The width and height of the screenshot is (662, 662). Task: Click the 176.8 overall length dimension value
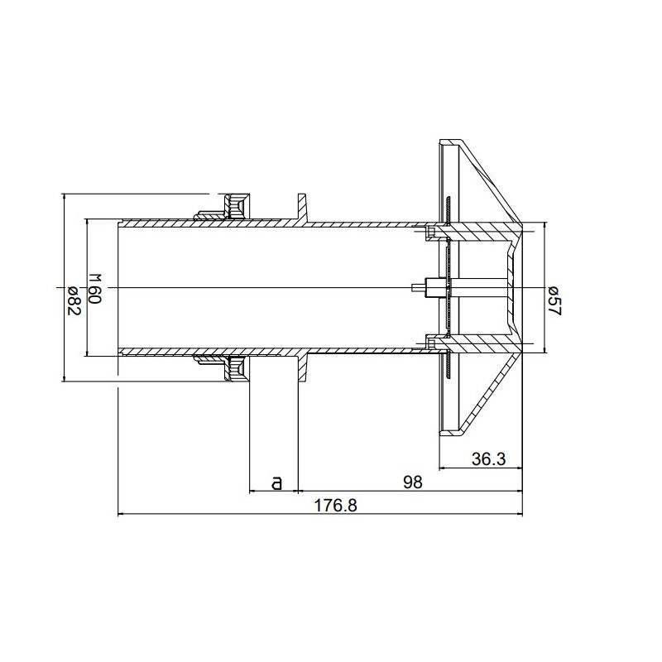335,506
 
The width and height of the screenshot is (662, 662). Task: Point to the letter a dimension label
276,481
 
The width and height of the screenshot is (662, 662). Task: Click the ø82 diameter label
72,297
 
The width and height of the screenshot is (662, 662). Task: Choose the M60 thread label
94,289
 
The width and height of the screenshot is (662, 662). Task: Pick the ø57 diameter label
554,298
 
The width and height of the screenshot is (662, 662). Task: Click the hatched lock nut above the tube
236,204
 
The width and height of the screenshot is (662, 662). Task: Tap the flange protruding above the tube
301,205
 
